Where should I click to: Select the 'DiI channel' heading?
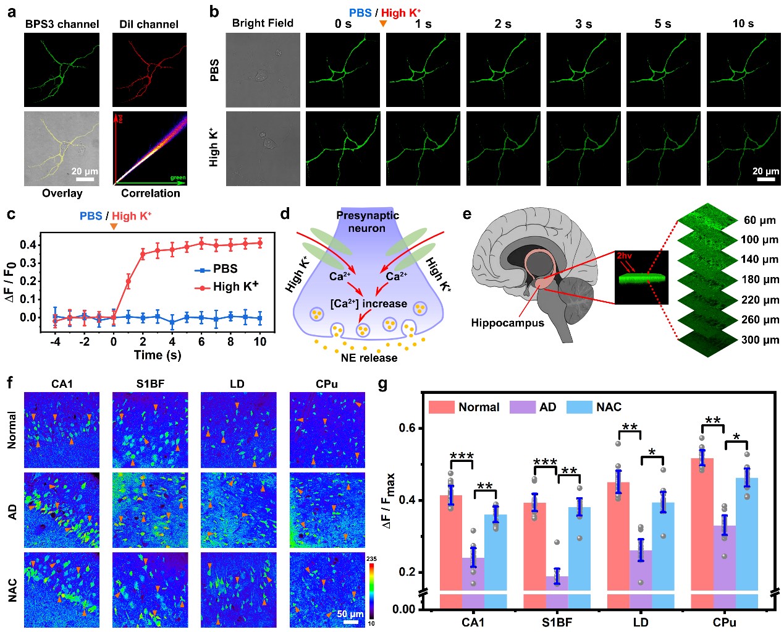pyautogui.click(x=148, y=24)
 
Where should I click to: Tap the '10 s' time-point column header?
pyautogui.click(x=743, y=23)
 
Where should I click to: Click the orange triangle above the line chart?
pyautogui.click(x=113, y=226)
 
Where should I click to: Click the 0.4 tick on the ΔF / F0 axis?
pyautogui.click(x=28, y=245)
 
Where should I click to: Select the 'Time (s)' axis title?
pyautogui.click(x=158, y=355)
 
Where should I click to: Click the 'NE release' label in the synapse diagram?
pyautogui.click(x=369, y=357)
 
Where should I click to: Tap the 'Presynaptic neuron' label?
pyautogui.click(x=367, y=221)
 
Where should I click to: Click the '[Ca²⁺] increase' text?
pyautogui.click(x=368, y=304)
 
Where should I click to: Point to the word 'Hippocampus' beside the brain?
pyautogui.click(x=507, y=323)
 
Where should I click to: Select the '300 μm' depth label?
pyautogui.click(x=760, y=339)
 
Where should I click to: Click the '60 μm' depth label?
pyautogui.click(x=759, y=220)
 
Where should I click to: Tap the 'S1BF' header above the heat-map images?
pyautogui.click(x=150, y=383)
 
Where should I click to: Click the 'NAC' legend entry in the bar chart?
pyautogui.click(x=608, y=407)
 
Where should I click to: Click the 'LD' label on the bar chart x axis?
pyautogui.click(x=641, y=622)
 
